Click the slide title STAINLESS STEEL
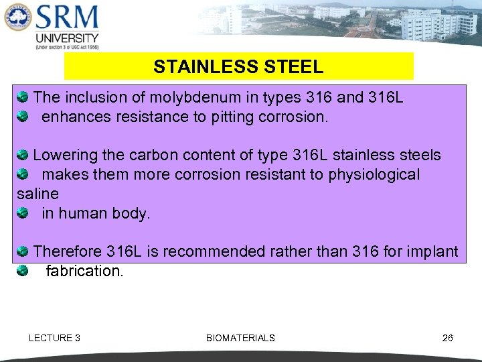coord(238,67)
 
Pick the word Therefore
coord(68,252)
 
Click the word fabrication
coord(84,271)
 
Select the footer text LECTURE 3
coord(54,338)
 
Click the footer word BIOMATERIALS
coord(240,338)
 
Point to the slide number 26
coord(448,338)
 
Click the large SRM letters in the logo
coord(67,17)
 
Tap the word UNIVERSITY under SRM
coord(67,38)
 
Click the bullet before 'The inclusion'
coord(22,98)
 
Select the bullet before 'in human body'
coord(22,213)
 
